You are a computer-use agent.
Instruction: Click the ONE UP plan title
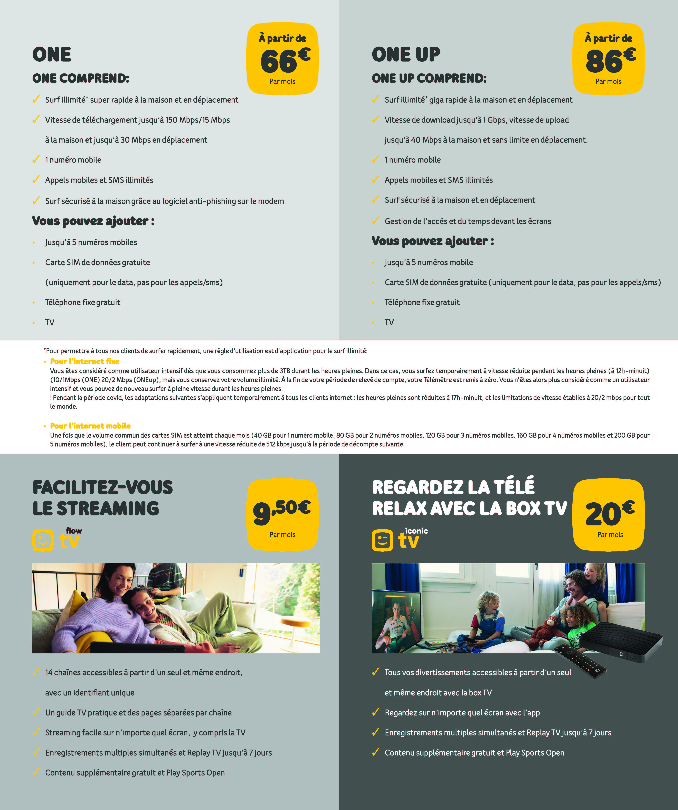pyautogui.click(x=406, y=54)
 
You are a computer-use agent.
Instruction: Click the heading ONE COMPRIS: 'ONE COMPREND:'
pyautogui.click(x=81, y=78)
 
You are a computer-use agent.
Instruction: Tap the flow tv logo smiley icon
pyautogui.click(x=43, y=540)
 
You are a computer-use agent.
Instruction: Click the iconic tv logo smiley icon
pyautogui.click(x=382, y=540)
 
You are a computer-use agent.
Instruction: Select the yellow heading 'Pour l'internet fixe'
pyautogui.click(x=85, y=361)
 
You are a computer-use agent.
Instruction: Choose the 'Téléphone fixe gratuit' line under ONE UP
pyautogui.click(x=422, y=302)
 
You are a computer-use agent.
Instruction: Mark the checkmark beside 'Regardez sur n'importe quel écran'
pyautogui.click(x=375, y=712)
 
